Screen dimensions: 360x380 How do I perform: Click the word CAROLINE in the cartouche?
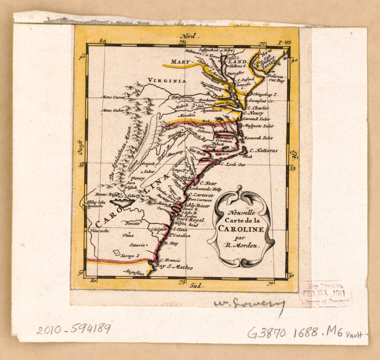[x=241, y=229]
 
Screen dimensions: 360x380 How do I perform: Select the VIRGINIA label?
[x=167, y=80]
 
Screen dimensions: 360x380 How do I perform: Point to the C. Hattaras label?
[x=263, y=151]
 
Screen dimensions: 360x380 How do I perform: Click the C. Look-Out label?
[x=233, y=164]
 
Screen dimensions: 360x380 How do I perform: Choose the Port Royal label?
[x=190, y=220]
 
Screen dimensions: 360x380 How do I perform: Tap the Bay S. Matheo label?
[x=174, y=267]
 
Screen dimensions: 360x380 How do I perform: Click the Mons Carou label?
[x=113, y=97]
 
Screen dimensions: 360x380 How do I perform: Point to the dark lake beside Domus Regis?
[x=122, y=202]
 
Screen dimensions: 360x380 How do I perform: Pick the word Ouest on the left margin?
[x=80, y=147]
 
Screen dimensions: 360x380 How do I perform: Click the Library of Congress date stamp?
[x=326, y=294]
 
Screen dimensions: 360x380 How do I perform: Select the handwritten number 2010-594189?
[x=73, y=329]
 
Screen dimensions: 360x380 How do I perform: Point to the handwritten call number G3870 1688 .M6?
[x=294, y=332]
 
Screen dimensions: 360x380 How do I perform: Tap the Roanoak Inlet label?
[x=258, y=138]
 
